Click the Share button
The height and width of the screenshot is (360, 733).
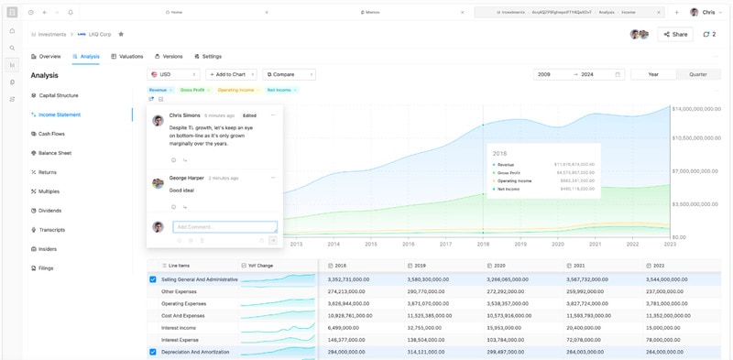click(675, 34)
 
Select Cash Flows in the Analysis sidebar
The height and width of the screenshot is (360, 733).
click(51, 134)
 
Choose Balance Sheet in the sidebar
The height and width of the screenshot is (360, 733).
click(54, 153)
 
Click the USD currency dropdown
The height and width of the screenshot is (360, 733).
click(172, 74)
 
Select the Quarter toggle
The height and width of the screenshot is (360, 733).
click(697, 74)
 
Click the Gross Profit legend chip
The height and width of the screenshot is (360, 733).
click(194, 90)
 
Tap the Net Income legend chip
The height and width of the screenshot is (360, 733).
click(281, 90)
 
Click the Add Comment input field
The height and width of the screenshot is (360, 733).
click(224, 226)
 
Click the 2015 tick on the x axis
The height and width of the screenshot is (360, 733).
click(371, 244)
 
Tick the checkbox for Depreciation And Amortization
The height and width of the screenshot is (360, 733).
click(153, 352)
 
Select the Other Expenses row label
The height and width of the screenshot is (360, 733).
click(180, 291)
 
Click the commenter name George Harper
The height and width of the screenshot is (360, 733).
click(187, 178)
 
